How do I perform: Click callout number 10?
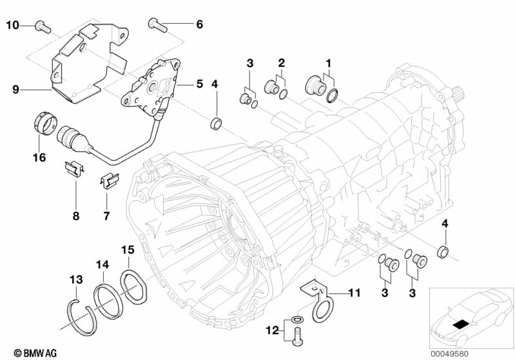coord(13,25)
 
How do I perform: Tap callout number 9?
coord(15,90)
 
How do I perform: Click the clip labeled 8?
coord(74,169)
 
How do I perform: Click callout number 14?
coord(103,264)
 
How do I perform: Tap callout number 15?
coord(128,249)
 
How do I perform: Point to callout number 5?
coord(199,83)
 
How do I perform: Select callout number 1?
coord(328,62)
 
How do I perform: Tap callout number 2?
coord(281,62)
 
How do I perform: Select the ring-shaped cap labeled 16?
coord(42,123)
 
